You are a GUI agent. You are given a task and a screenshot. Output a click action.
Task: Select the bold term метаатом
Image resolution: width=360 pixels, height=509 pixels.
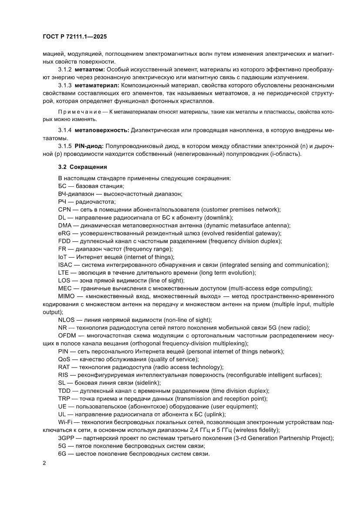(89, 70)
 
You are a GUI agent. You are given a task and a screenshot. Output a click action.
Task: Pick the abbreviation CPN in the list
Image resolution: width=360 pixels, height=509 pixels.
(64, 209)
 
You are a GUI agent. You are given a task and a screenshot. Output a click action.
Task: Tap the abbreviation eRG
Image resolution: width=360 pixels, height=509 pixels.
(64, 233)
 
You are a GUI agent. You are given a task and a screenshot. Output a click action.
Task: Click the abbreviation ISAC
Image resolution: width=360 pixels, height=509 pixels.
(66, 265)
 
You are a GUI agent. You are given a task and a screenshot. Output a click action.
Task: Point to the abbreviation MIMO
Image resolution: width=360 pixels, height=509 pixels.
(67, 296)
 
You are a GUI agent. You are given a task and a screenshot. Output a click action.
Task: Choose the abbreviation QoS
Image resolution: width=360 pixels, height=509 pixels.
(64, 359)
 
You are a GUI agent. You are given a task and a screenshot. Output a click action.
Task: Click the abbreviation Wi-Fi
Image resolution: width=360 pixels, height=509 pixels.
(65, 422)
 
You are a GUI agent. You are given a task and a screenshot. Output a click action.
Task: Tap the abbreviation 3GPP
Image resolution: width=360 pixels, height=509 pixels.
(67, 438)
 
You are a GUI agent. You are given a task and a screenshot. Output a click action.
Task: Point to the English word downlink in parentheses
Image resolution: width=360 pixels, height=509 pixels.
(218, 217)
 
